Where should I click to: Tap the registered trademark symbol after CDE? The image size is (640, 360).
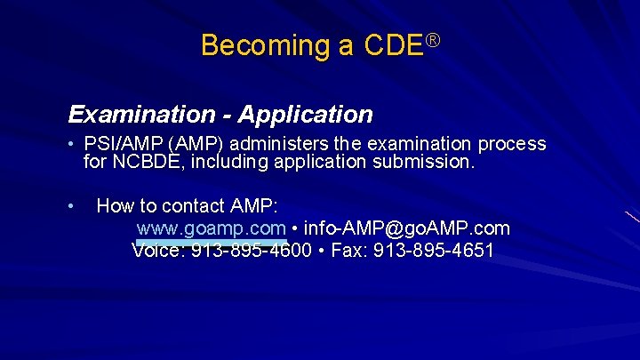433,40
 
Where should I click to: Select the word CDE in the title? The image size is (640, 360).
393,45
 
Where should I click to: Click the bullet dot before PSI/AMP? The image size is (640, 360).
71,144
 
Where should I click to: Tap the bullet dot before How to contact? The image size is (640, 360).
71,206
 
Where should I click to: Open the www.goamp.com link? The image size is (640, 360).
211,228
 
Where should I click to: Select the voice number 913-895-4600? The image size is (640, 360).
251,250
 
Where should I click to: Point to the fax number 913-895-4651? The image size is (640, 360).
434,250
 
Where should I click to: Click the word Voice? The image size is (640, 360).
157,250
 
